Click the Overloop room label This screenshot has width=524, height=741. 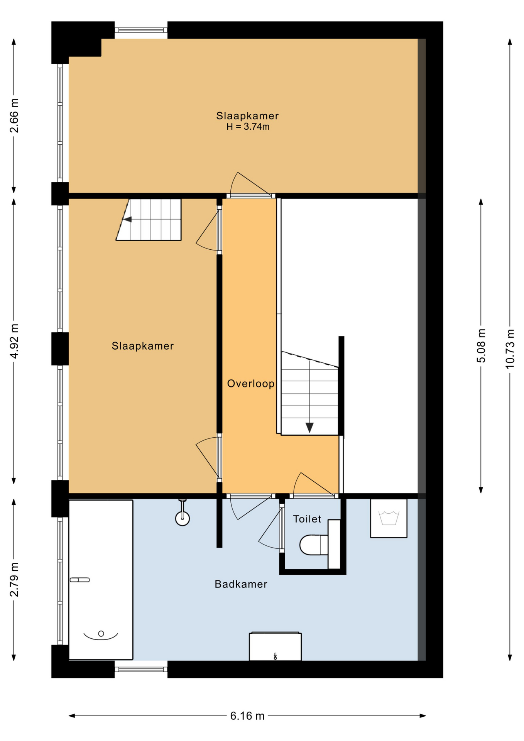tap(251, 384)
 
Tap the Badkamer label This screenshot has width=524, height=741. tap(241, 584)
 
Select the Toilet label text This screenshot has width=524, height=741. tap(307, 519)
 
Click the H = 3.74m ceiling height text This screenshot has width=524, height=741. tap(248, 127)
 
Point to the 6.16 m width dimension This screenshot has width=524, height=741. tap(247, 716)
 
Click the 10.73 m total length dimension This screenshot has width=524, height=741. tap(510, 349)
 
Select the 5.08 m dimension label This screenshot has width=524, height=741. tap(481, 346)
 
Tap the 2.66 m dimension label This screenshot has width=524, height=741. tap(14, 116)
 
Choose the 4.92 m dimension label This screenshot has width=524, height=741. tap(14, 341)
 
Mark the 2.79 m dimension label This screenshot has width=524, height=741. tap(14, 580)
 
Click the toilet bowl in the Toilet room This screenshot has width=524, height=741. tap(313, 545)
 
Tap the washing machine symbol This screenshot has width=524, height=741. tap(389, 518)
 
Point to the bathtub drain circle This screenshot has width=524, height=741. tap(101, 633)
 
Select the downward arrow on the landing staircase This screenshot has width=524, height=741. tap(309, 428)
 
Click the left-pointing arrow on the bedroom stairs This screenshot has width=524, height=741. tap(127, 219)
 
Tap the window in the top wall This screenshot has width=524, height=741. tap(141, 30)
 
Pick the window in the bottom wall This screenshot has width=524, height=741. tap(141, 669)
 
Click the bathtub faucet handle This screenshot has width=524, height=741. tap(79, 580)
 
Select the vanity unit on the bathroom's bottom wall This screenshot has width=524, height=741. tap(275, 646)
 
